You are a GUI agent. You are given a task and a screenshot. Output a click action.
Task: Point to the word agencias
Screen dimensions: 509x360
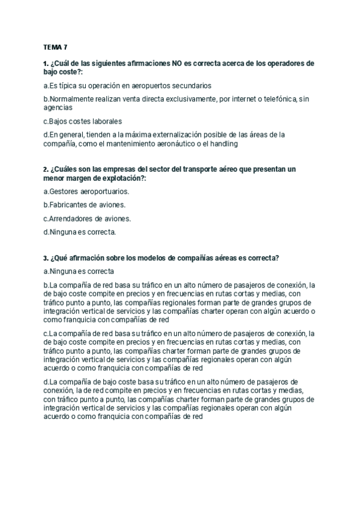click(58, 107)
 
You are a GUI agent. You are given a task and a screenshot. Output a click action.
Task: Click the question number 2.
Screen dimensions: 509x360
click(46, 170)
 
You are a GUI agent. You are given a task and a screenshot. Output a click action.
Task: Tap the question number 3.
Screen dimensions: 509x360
click(46, 258)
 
